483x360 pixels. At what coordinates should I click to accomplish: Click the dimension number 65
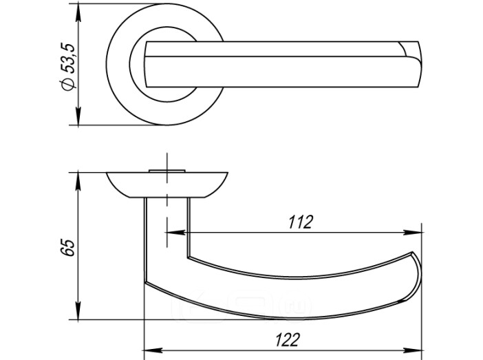[67, 247]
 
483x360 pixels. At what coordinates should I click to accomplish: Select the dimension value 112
[301, 222]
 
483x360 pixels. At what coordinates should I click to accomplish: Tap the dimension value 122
[287, 340]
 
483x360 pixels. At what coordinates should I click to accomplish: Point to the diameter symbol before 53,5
[68, 84]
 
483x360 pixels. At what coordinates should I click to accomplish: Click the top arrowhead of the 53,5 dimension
[78, 13]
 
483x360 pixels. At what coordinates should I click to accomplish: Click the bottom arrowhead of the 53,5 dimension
[78, 116]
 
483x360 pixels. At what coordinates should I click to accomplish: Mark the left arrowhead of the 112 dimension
[175, 233]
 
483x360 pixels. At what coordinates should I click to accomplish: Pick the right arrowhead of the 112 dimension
[413, 233]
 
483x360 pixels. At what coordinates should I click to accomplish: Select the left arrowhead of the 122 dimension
[153, 350]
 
